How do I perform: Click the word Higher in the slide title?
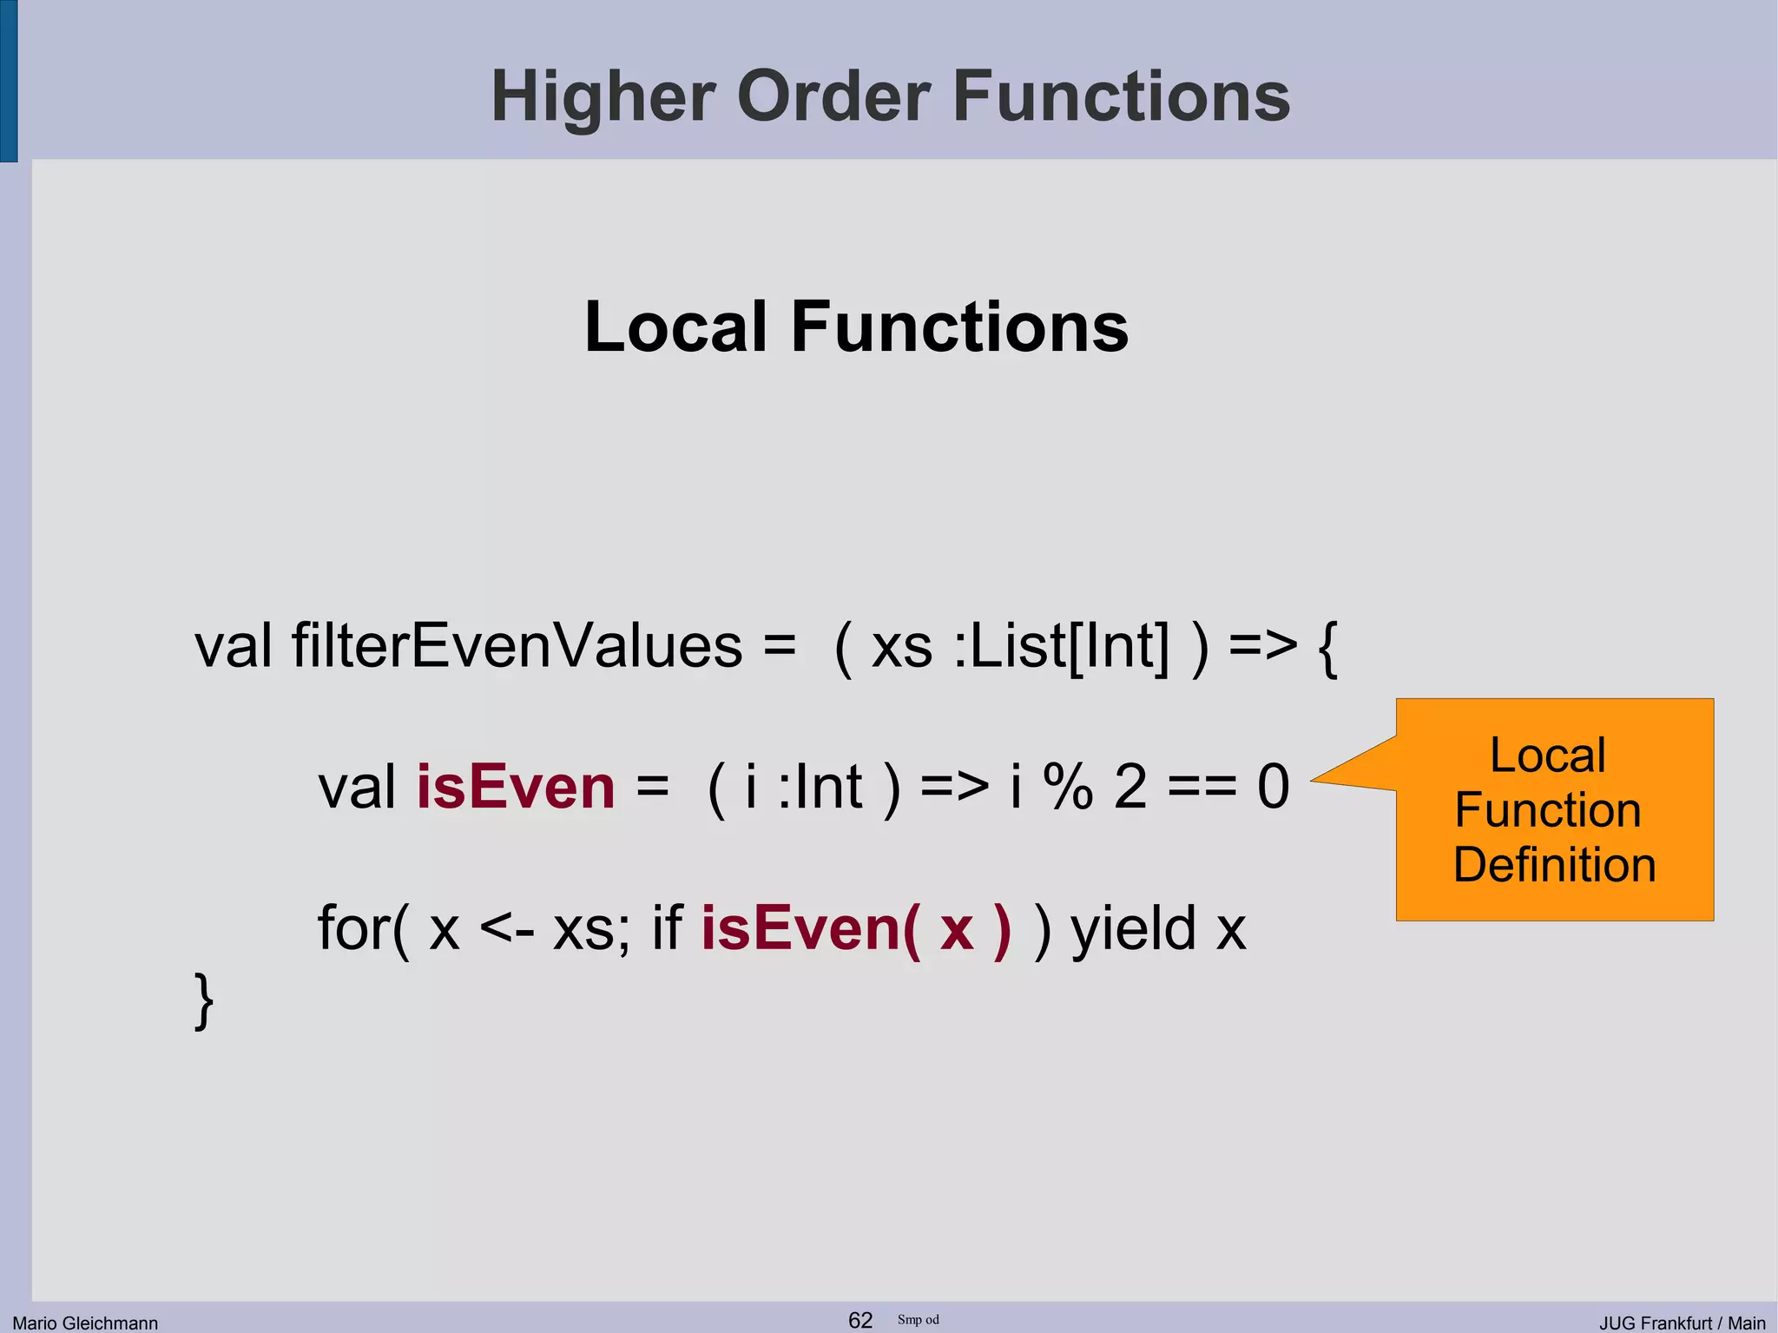(603, 97)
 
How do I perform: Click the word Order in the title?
(833, 97)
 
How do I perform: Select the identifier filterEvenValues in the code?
(517, 646)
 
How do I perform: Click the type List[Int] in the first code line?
(1070, 646)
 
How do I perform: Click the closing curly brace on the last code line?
(203, 1001)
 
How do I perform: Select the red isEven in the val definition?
(516, 787)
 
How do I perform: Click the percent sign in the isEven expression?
(1068, 787)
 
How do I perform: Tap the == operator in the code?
(1202, 787)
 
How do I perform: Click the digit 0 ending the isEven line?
(1273, 787)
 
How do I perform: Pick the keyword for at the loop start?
(354, 928)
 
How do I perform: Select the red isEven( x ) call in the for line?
(856, 928)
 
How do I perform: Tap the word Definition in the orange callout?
(1554, 865)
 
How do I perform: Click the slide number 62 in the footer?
(859, 1320)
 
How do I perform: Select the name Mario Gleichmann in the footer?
(85, 1323)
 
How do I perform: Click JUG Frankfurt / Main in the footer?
(1682, 1323)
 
